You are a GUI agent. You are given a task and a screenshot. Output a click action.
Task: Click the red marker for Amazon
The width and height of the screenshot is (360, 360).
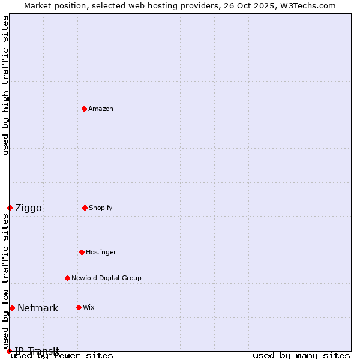[84, 109]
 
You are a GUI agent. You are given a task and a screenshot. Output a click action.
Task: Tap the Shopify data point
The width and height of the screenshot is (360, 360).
[85, 208]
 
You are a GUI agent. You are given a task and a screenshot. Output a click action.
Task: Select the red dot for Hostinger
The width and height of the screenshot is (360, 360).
[82, 252]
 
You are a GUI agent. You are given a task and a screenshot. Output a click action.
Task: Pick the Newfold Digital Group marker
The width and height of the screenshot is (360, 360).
[67, 278]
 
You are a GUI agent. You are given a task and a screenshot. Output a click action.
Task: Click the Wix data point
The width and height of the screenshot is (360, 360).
[79, 307]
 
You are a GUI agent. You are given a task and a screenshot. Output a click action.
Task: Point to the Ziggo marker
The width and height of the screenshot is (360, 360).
[10, 208]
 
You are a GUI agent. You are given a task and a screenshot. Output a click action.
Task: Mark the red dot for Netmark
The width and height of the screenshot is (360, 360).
[12, 308]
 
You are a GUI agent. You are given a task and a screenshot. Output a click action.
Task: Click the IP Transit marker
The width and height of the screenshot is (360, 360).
[9, 351]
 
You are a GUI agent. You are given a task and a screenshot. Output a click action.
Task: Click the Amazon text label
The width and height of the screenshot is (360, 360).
[101, 109]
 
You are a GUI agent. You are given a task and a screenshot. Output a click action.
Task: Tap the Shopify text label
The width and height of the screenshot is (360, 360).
[101, 208]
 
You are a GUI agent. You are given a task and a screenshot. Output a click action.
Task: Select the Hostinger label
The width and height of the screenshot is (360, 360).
[101, 252]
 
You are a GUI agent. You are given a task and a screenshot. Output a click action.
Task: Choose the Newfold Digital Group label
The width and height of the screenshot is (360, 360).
[106, 278]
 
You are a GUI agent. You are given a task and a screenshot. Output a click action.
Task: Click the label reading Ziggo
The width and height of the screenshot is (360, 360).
[28, 208]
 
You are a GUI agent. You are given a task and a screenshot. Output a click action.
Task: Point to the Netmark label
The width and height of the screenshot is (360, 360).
[38, 308]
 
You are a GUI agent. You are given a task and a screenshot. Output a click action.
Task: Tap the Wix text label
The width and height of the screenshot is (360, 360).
[89, 307]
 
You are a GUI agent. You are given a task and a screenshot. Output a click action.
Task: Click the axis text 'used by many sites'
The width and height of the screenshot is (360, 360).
[301, 355]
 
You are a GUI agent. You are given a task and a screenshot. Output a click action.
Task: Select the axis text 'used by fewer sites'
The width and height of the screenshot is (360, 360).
[62, 355]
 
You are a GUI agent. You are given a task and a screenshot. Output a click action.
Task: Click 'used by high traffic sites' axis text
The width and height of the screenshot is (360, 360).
[5, 85]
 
